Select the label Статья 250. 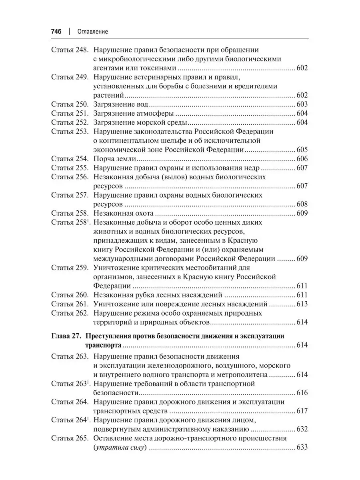[x=69, y=104]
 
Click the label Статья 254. [x=69, y=159]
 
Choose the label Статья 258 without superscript [x=69, y=213]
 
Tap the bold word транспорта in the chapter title [x=104, y=345]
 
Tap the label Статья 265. [x=69, y=438]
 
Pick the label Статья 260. [x=69, y=295]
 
